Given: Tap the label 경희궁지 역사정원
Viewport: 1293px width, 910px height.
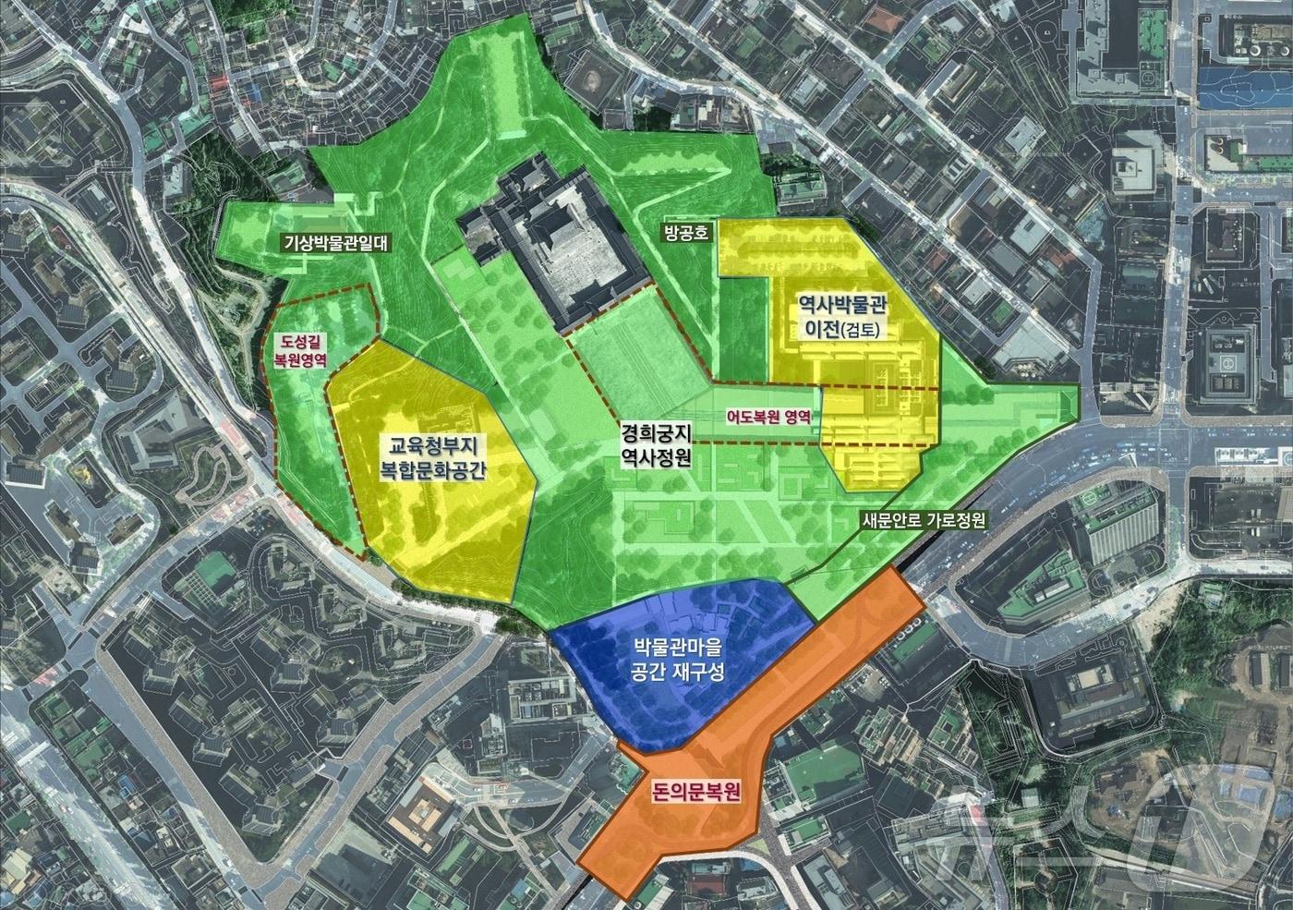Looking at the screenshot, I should coord(656,443).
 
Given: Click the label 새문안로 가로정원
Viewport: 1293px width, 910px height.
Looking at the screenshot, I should coord(923,521).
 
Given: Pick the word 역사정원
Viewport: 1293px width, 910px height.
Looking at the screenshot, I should coord(656,455).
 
